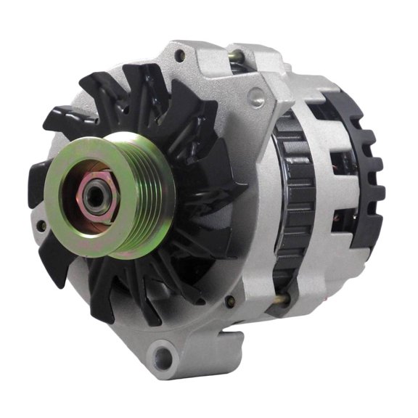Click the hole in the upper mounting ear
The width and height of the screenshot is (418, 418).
(x=179, y=55)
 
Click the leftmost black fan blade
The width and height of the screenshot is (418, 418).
(x=40, y=181)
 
